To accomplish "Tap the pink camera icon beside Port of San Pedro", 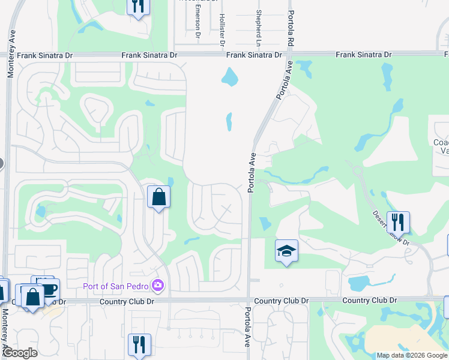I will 158,284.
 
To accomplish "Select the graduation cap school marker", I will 286,251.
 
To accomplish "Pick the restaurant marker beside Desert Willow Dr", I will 397,223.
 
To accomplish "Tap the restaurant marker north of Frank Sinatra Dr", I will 138,7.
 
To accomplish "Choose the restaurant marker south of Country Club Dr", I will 139,345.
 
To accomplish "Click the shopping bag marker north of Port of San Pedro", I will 158,197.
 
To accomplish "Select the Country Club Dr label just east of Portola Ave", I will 281,300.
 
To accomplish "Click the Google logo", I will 20,353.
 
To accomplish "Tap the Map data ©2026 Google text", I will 412,355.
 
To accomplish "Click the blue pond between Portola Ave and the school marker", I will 265,224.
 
